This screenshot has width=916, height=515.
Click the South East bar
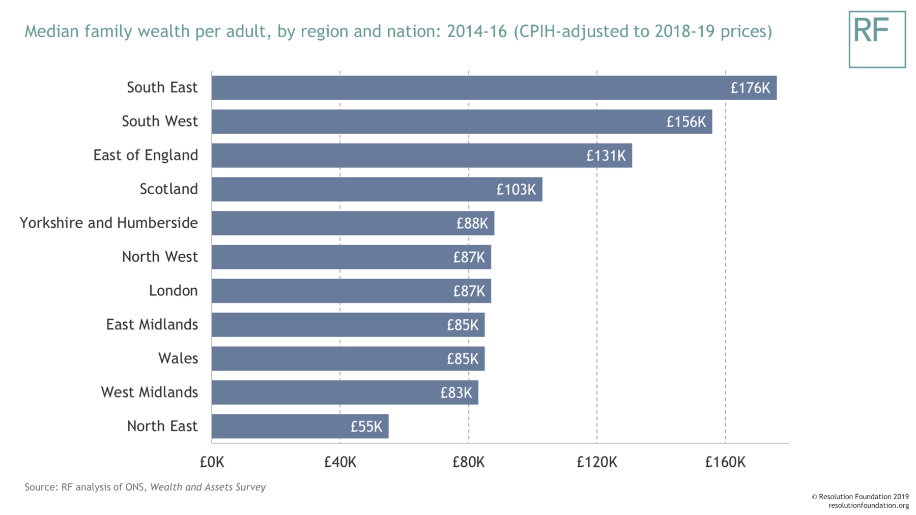tap(494, 87)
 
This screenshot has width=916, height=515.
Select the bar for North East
tap(300, 426)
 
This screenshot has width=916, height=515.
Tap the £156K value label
tap(686, 122)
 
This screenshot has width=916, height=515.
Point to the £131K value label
tap(606, 156)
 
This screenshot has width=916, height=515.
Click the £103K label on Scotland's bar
tap(516, 190)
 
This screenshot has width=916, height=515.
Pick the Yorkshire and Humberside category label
tap(108, 223)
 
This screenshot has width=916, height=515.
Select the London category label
tap(173, 291)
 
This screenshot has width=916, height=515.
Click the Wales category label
tap(178, 358)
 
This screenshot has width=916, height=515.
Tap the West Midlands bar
tap(345, 392)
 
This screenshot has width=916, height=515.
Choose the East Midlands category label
tap(152, 324)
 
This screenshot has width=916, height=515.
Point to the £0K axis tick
tap(212, 462)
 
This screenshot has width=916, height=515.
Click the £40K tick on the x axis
tap(340, 462)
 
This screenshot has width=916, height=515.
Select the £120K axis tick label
tap(596, 462)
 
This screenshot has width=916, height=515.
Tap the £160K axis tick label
tap(725, 462)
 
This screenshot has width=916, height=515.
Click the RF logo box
tap(877, 40)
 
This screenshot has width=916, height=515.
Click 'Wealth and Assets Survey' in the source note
tap(208, 487)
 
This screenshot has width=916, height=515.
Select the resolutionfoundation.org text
tap(868, 505)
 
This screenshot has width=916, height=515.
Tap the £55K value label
tap(366, 427)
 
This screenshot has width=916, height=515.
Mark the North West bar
tap(351, 257)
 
